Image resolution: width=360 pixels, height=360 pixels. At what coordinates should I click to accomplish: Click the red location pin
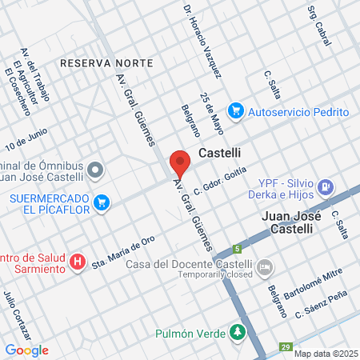click(x=180, y=162)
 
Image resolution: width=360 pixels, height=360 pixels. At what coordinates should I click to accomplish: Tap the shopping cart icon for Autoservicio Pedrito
click(x=235, y=110)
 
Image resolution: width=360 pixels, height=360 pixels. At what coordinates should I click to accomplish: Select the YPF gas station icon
click(x=326, y=188)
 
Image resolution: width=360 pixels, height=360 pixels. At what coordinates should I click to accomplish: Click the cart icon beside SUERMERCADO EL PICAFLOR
click(x=101, y=203)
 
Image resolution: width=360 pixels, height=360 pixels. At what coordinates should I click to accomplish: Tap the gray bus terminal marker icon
click(x=96, y=169)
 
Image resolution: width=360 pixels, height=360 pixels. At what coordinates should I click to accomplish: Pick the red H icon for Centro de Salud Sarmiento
click(x=78, y=262)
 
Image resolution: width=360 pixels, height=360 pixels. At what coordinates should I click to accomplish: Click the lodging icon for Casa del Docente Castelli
click(x=267, y=266)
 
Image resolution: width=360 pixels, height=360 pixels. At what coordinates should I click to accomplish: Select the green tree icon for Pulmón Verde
click(x=237, y=331)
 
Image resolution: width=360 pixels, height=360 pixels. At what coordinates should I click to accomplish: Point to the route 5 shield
click(x=237, y=248)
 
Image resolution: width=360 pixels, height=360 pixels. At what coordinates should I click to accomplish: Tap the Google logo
click(x=26, y=350)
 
